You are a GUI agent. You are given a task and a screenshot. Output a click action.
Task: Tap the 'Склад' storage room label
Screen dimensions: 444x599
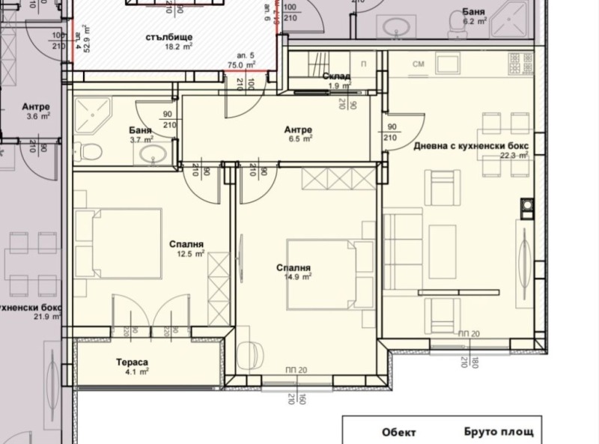tap(336, 77)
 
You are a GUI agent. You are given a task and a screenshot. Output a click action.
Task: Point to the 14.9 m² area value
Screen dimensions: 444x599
tap(293, 276)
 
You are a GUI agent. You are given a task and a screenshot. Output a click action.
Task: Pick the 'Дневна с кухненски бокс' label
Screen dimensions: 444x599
tap(472, 145)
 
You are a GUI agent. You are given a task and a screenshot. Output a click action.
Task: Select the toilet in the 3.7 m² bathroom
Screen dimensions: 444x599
tap(91, 153)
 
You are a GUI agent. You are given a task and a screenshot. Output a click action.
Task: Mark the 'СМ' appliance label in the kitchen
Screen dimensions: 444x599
tap(419, 66)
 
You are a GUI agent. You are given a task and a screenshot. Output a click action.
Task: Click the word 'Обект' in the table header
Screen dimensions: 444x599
tap(398, 433)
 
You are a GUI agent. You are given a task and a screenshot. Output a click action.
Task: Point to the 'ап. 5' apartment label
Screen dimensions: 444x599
tap(246, 55)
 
